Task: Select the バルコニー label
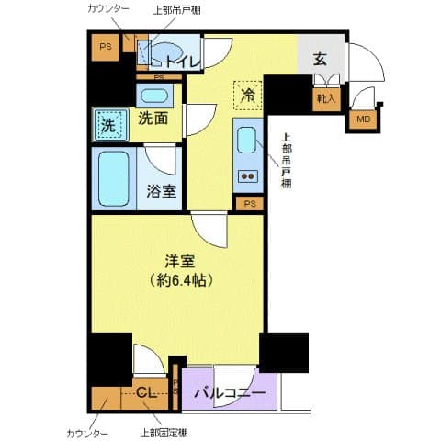coord(230,393)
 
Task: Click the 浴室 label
coord(162,192)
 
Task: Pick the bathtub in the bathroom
coord(116,179)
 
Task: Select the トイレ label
coord(181,62)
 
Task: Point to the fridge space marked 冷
coord(247,94)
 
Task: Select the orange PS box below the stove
coord(249,204)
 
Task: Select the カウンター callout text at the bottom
coord(88,433)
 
